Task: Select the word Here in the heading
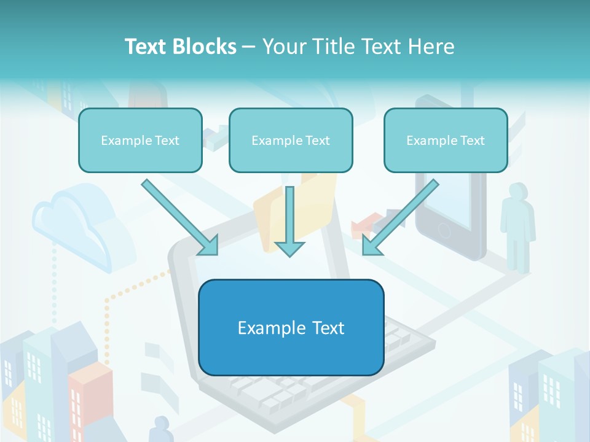pos(430,47)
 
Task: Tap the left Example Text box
pos(140,141)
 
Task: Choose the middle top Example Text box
pos(291,141)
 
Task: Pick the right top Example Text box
pos(446,141)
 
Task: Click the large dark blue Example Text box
pos(291,328)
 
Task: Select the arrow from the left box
pos(179,218)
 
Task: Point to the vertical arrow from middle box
pos(289,221)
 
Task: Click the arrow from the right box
pos(400,218)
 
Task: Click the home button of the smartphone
pos(444,230)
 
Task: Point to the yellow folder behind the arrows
pos(320,203)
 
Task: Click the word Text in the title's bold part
pos(146,47)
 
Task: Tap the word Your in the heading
pos(283,47)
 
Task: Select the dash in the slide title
pos(249,47)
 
